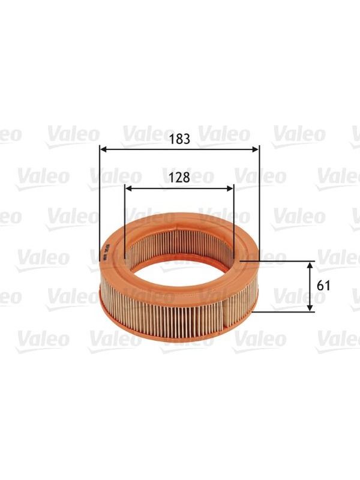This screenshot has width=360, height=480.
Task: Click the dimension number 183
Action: [x=179, y=139]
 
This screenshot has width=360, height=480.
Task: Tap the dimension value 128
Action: [x=179, y=177]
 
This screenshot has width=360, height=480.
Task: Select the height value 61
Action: [x=323, y=286]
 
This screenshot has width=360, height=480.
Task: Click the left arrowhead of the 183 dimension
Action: [x=104, y=149]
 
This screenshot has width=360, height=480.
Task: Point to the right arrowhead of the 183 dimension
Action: [x=256, y=149]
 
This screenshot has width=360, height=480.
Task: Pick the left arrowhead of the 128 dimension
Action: [x=129, y=188]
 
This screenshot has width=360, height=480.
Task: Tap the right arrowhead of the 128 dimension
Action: [x=230, y=188]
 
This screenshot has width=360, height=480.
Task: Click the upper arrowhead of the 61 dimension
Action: [x=311, y=265]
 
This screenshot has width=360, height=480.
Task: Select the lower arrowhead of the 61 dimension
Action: [x=311, y=308]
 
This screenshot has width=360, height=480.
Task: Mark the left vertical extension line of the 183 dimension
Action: [x=100, y=203]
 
